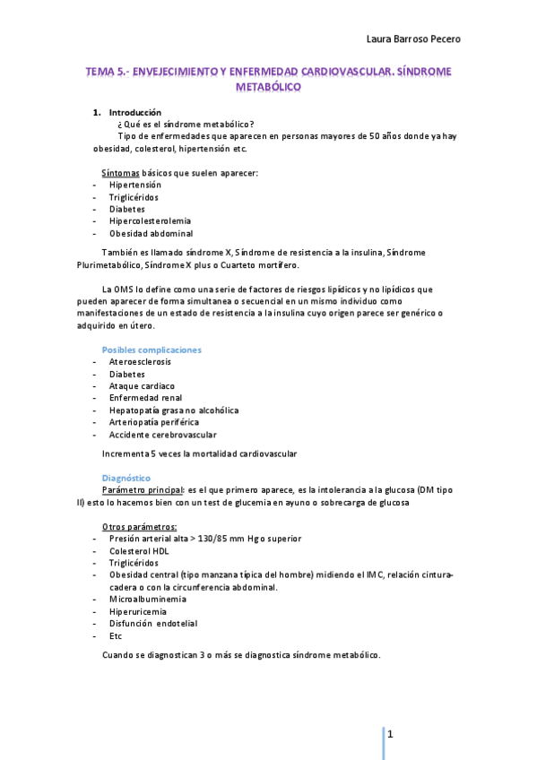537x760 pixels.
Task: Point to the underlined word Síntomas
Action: [x=121, y=172]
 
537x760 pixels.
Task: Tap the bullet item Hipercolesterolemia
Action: [x=150, y=220]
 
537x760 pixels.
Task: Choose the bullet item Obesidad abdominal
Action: [x=151, y=233]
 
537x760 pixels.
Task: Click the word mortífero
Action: [x=275, y=265]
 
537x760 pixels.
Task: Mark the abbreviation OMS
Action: [x=125, y=289]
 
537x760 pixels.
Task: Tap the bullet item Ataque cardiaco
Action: [x=142, y=385]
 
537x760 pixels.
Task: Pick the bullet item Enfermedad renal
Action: [x=144, y=398]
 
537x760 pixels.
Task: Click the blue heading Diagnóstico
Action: [x=126, y=479]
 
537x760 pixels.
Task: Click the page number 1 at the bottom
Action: [x=391, y=734]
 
